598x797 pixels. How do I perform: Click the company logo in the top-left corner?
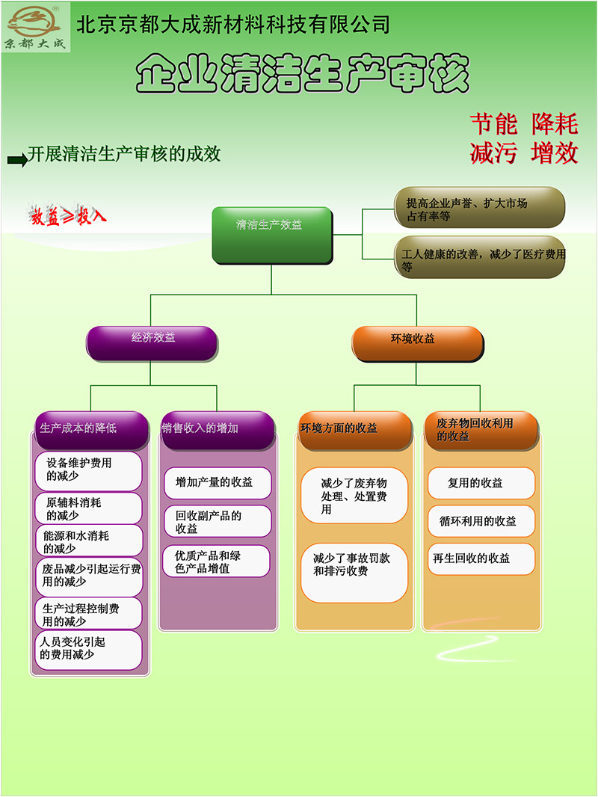pos(36,28)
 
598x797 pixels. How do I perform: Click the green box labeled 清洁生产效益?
pos(272,235)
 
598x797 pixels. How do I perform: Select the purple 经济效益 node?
pos(152,344)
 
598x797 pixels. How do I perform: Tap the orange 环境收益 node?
pos(418,344)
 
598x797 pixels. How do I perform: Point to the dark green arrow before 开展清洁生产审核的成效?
pos(17,160)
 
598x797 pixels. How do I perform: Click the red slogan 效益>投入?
pos(67,215)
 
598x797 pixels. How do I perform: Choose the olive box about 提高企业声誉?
pos(479,207)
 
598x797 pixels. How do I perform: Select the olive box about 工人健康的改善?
pos(480,257)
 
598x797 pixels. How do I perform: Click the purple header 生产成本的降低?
pos(91,430)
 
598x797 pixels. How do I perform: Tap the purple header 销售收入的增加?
pos(218,430)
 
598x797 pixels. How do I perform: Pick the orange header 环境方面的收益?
pos(354,430)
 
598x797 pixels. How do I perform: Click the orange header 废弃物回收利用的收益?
pos(481,430)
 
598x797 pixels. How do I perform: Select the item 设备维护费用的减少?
pos(88,471)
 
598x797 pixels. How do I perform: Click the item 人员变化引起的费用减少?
pos(88,650)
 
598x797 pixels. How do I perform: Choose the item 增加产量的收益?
pos(218,483)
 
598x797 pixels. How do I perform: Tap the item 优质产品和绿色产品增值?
pos(217,561)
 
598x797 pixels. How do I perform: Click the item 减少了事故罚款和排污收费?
pos(354,573)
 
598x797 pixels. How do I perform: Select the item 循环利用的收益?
pos(481,521)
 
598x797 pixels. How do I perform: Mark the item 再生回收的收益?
pos(481,559)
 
